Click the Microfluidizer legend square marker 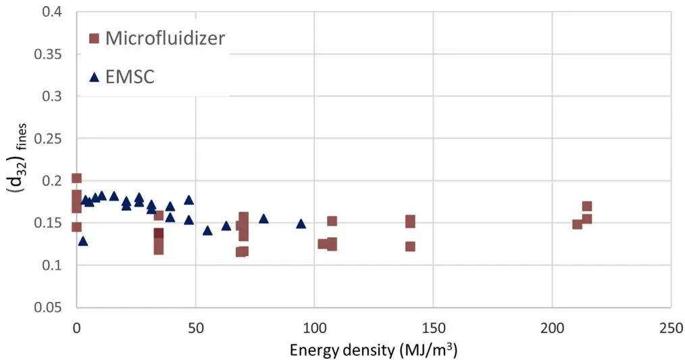click(94, 39)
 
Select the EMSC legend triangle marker click(94, 78)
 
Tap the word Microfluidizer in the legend click(165, 38)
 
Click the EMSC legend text click(130, 77)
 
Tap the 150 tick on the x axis click(434, 328)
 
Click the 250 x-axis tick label click(671, 328)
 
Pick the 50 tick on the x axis click(195, 328)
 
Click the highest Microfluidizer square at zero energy click(76, 178)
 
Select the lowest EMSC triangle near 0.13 click(83, 241)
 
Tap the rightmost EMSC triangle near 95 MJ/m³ click(301, 224)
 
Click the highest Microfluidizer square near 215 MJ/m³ click(586, 206)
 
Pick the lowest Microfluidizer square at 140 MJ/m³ click(410, 247)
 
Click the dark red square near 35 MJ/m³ click(159, 233)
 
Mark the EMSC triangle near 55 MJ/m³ click(207, 230)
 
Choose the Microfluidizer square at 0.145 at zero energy click(76, 227)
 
